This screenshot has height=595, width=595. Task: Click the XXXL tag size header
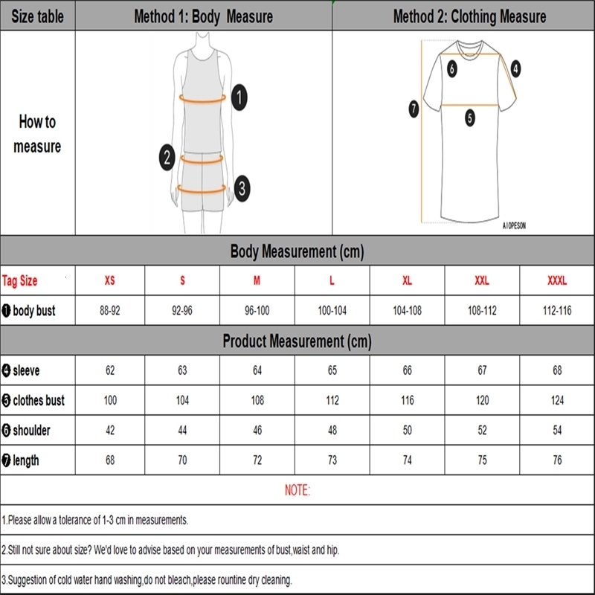[557, 281]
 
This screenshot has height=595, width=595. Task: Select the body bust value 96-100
[257, 311]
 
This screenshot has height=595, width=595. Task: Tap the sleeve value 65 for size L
[332, 370]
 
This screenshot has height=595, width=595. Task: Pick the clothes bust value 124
[557, 400]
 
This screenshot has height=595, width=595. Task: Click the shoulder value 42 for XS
[110, 431]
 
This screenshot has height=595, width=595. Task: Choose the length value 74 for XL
[407, 460]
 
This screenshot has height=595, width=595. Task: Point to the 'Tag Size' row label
[20, 281]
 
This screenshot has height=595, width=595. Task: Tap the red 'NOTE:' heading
[297, 490]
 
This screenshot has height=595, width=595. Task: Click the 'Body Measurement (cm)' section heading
[297, 251]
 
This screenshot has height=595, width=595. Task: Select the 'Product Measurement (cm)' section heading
[297, 341]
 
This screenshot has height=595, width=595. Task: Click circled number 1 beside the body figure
[239, 96]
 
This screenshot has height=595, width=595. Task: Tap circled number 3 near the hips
[241, 187]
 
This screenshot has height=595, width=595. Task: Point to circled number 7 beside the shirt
[414, 109]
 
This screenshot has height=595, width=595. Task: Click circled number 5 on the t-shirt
[469, 117]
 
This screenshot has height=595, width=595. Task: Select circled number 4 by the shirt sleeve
[515, 69]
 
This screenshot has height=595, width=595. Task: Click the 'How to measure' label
[37, 134]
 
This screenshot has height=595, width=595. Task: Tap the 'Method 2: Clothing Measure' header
[469, 16]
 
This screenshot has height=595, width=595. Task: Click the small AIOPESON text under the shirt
[513, 226]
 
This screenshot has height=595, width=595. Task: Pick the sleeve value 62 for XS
[110, 370]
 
